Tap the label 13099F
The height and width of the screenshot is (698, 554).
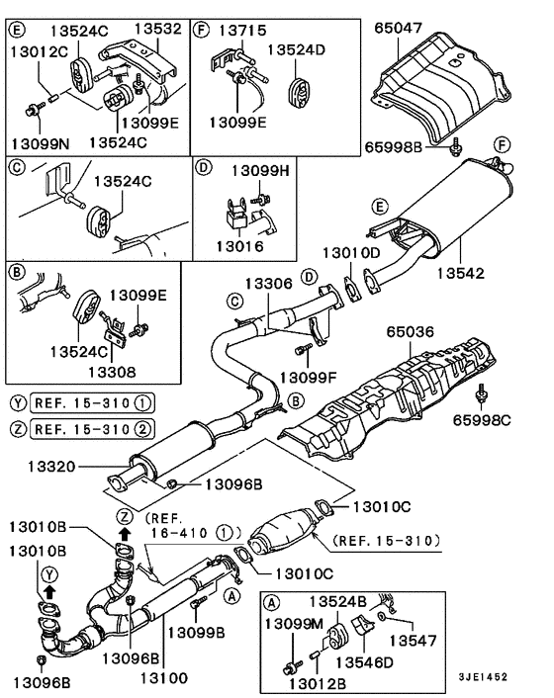pyautogui.click(x=309, y=377)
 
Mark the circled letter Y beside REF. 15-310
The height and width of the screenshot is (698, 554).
pyautogui.click(x=17, y=403)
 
